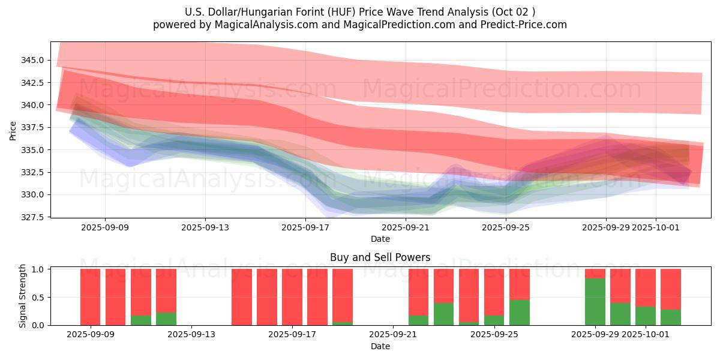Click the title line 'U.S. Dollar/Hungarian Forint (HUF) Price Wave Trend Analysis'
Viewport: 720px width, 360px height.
pos(359,12)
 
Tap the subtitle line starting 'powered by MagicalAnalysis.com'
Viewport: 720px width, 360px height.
pos(359,25)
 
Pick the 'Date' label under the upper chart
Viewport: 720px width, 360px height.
pos(380,239)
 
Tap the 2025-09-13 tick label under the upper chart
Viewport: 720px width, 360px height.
pos(205,227)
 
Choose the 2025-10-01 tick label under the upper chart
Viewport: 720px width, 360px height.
pos(656,227)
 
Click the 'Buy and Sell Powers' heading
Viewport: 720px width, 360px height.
pos(380,257)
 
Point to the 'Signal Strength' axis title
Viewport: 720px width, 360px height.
pos(23,296)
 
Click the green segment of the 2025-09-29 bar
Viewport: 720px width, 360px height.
pos(595,302)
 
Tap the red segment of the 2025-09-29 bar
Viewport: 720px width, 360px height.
pos(595,274)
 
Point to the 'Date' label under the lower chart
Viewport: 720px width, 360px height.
pos(380,346)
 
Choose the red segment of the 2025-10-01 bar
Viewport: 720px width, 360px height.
pos(646,287)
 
